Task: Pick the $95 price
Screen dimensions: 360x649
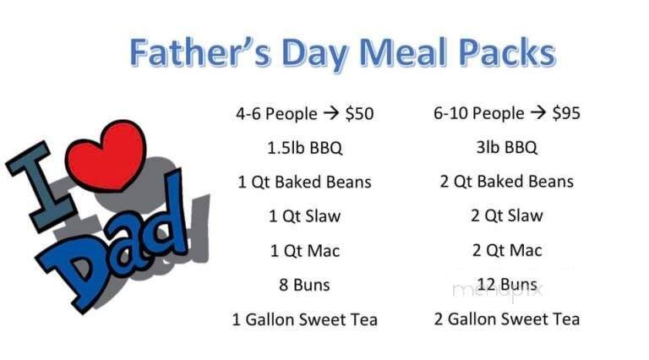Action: pyautogui.click(x=565, y=113)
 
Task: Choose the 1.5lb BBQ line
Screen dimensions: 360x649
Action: pyautogui.click(x=304, y=148)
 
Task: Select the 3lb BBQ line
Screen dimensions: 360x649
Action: pyautogui.click(x=506, y=148)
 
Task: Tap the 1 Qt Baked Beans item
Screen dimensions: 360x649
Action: pyautogui.click(x=304, y=182)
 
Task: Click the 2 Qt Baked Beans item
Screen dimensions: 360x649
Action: pyautogui.click(x=506, y=182)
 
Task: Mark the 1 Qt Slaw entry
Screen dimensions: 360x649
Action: pyautogui.click(x=304, y=216)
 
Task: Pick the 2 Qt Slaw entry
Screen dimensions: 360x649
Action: pyautogui.click(x=506, y=216)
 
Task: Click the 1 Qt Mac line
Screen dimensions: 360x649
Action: pyautogui.click(x=304, y=251)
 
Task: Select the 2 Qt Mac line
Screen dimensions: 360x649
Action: pyautogui.click(x=506, y=251)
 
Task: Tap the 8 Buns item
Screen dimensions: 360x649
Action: pyautogui.click(x=304, y=285)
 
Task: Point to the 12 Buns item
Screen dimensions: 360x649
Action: pyautogui.click(x=506, y=285)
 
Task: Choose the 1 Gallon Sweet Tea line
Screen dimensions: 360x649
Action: pyautogui.click(x=304, y=319)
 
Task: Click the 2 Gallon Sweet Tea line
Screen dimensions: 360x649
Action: pyautogui.click(x=506, y=319)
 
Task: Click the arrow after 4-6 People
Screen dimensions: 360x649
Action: pyautogui.click(x=330, y=113)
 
